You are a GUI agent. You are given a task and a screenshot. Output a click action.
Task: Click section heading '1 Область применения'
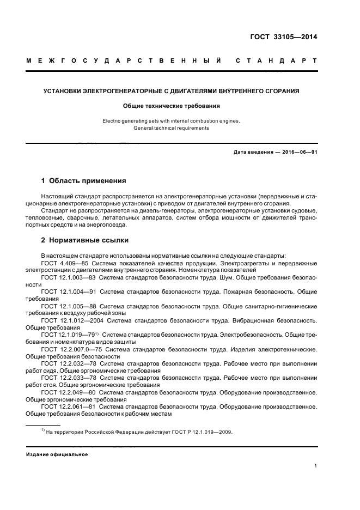[x=84, y=180]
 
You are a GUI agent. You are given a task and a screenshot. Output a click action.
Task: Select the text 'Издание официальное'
[x=57, y=454]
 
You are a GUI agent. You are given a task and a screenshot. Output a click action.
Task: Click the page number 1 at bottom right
[x=315, y=466]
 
